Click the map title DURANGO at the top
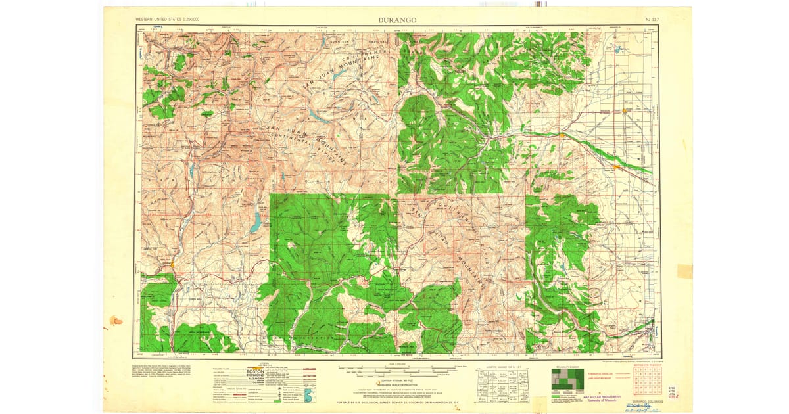(x=396, y=20)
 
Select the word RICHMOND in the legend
(x=257, y=376)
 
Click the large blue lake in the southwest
(x=255, y=223)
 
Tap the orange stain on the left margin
(x=116, y=321)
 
